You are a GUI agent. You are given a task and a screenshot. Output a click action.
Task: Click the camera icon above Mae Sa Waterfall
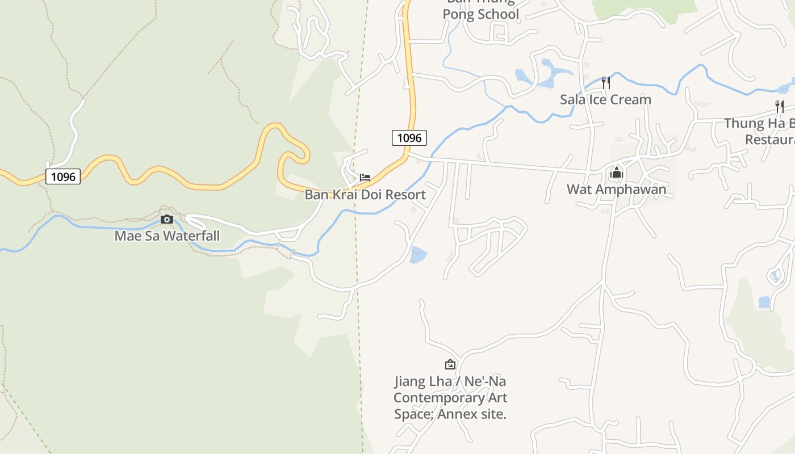pyautogui.click(x=166, y=220)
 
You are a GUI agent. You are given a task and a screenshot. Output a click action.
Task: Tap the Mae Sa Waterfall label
pyautogui.click(x=167, y=236)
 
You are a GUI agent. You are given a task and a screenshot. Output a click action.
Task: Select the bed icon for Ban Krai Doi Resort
pyautogui.click(x=365, y=178)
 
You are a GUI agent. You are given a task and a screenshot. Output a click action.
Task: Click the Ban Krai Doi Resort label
pyautogui.click(x=365, y=195)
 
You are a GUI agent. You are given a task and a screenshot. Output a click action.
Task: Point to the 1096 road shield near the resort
pyautogui.click(x=409, y=138)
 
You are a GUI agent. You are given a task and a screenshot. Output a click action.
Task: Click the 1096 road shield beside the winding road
pyautogui.click(x=63, y=176)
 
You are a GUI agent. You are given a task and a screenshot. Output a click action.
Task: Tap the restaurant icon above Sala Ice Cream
pyautogui.click(x=606, y=83)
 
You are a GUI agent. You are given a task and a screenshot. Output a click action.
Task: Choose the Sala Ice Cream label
pyautogui.click(x=605, y=99)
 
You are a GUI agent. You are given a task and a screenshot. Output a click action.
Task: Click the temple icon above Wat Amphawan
pyautogui.click(x=617, y=173)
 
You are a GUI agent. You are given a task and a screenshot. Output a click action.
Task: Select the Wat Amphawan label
pyautogui.click(x=616, y=189)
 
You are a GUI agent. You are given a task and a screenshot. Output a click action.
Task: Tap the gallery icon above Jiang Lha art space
pyautogui.click(x=450, y=364)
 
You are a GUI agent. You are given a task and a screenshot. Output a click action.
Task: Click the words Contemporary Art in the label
pyautogui.click(x=450, y=398)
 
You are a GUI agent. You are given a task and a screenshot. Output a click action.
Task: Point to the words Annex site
pyautogui.click(x=478, y=414)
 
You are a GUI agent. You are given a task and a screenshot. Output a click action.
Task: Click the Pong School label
pyautogui.click(x=480, y=14)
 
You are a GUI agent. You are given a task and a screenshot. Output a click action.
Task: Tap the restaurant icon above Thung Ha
pyautogui.click(x=780, y=106)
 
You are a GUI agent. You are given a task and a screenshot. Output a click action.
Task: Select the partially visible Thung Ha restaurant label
pyautogui.click(x=761, y=131)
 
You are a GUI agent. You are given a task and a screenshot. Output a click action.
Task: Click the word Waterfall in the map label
pyautogui.click(x=191, y=236)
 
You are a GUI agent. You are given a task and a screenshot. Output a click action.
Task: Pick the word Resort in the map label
pyautogui.click(x=404, y=195)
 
